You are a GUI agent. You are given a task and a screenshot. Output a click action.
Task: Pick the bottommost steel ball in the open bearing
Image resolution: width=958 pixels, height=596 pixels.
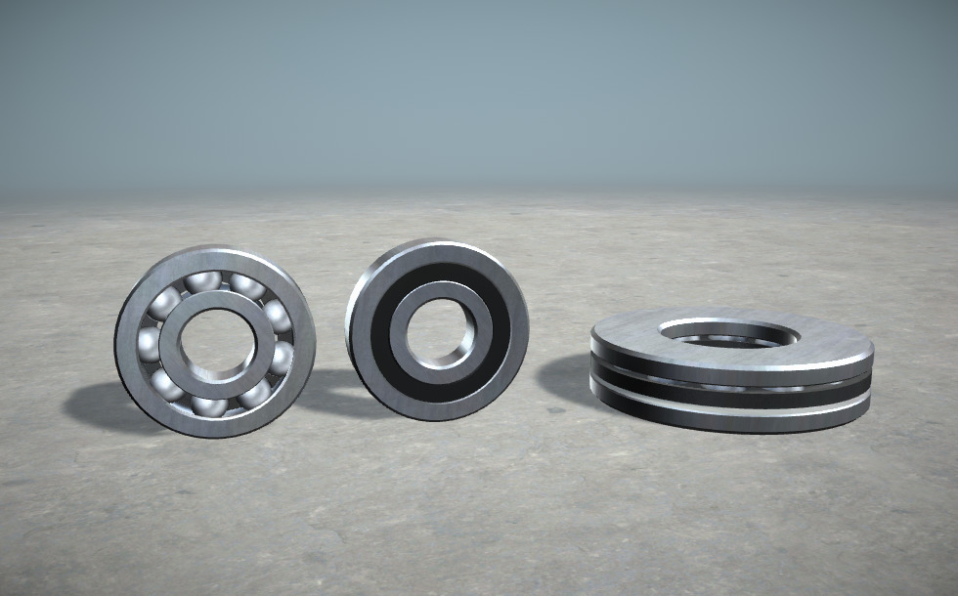coord(208,404)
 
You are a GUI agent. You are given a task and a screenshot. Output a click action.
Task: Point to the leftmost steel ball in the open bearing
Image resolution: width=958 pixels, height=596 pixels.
coord(149,341)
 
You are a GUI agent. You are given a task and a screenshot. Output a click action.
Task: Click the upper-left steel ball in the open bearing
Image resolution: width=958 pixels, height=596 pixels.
coord(168,299)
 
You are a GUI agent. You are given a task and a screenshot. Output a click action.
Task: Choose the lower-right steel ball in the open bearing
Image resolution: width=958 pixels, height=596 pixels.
coord(256,392)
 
